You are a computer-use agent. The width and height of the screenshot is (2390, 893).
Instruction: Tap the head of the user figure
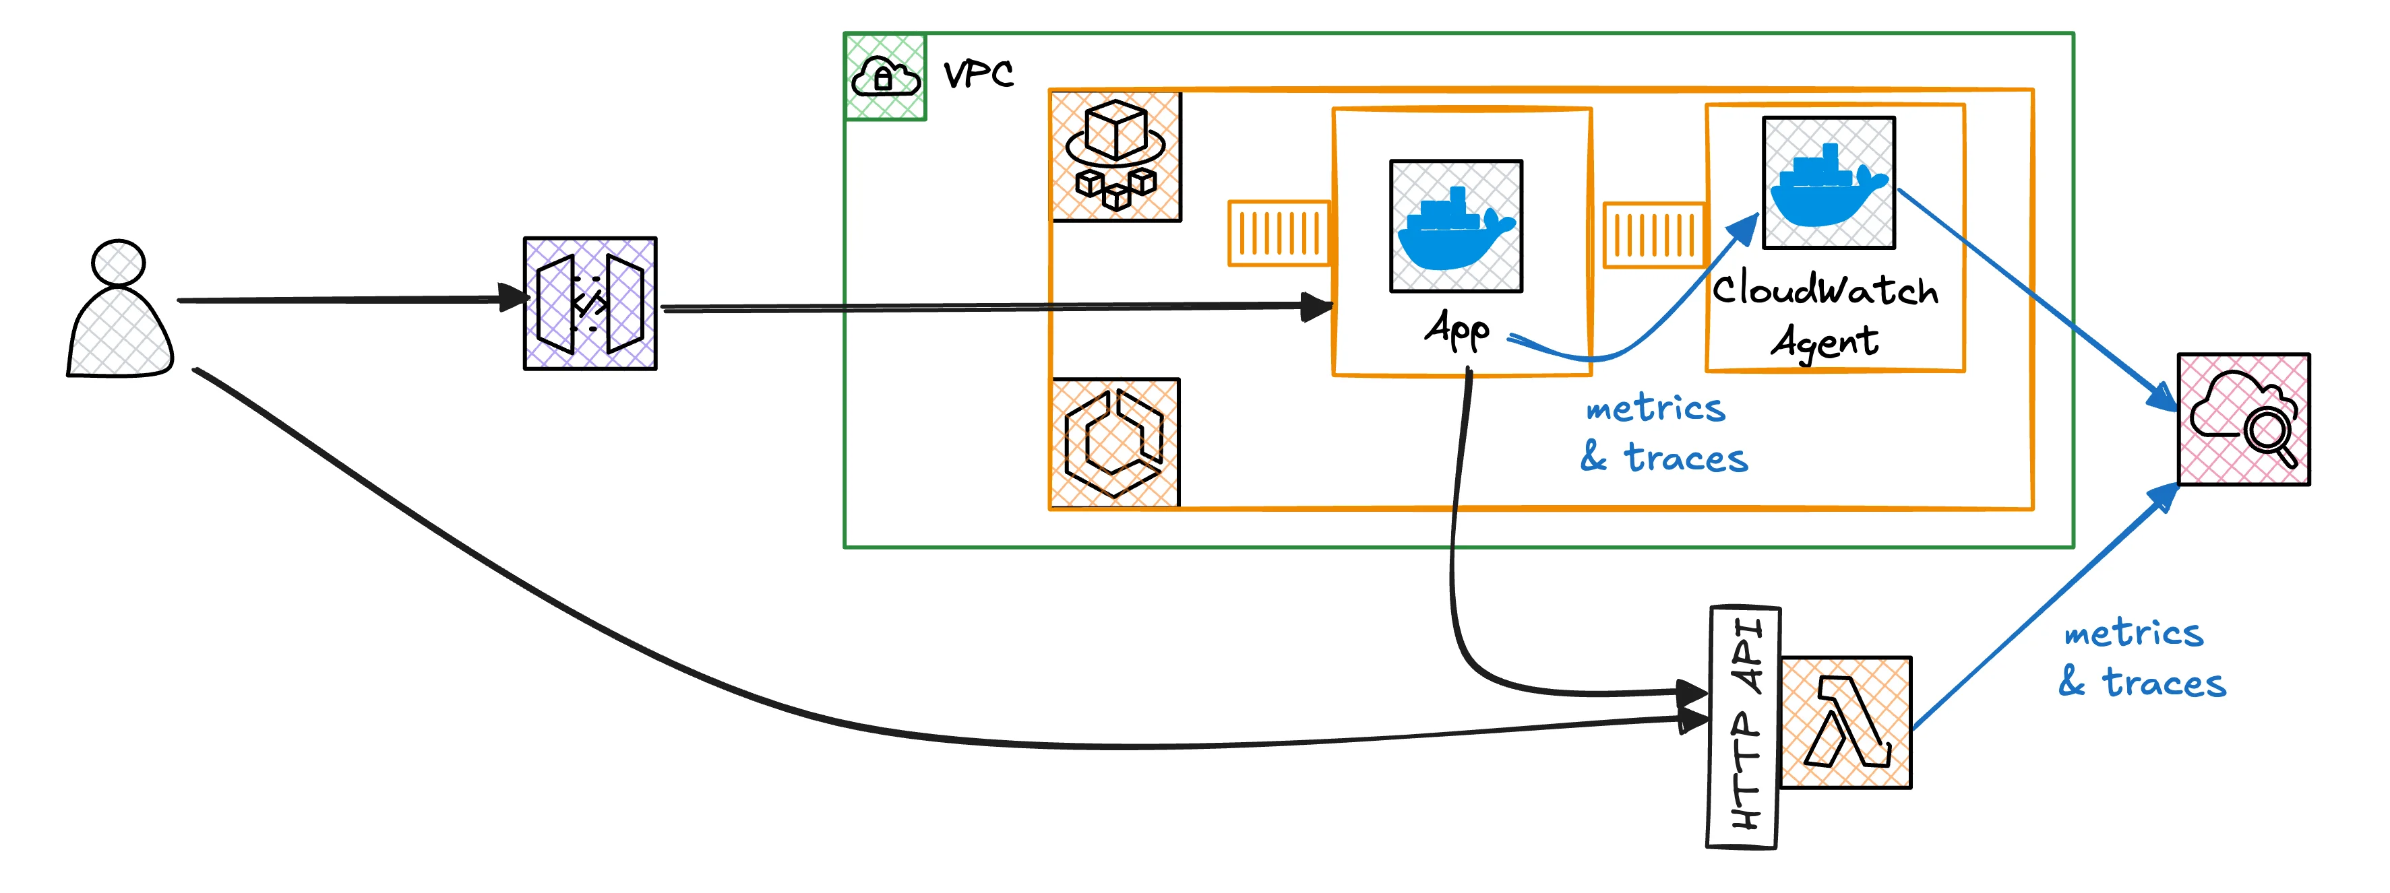[119, 263]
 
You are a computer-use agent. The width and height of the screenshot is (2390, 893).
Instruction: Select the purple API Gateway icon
[590, 303]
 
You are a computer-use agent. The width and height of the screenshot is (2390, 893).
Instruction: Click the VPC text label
[978, 74]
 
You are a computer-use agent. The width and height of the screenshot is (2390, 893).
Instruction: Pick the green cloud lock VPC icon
[885, 77]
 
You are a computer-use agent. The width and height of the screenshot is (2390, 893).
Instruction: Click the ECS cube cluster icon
[1116, 156]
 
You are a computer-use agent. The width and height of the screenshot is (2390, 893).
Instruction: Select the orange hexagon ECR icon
[1114, 442]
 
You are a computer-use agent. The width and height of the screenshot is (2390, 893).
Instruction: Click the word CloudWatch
[1825, 290]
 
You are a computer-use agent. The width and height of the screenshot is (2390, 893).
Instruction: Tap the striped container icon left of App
[1278, 233]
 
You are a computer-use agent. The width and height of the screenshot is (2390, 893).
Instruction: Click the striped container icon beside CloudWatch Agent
[1653, 234]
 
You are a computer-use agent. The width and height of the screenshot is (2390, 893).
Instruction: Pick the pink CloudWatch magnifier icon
[2244, 419]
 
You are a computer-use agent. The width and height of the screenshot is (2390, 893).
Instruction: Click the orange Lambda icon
[1845, 723]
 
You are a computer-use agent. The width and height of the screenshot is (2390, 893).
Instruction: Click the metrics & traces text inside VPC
[1663, 433]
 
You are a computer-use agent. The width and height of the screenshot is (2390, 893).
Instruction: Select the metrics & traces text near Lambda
[2141, 659]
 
